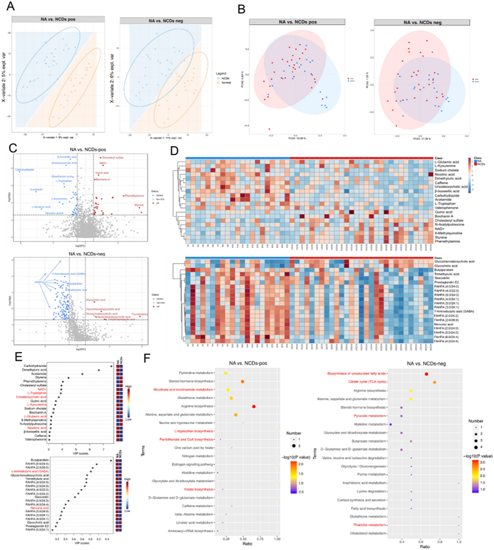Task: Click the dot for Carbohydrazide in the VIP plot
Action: [112, 366]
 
